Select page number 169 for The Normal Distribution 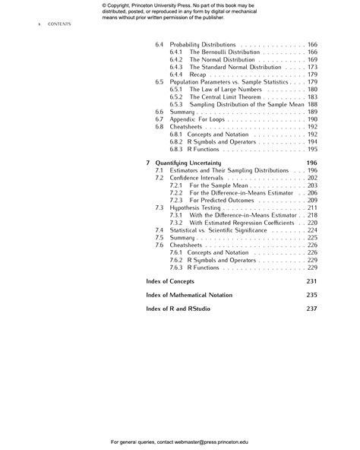click(x=311, y=59)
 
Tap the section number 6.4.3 click(x=175, y=67)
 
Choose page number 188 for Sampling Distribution click(x=311, y=104)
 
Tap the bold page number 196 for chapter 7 click(x=311, y=163)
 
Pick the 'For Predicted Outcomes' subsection click(x=221, y=200)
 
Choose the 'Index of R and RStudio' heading click(x=178, y=308)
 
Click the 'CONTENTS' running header click(x=58, y=24)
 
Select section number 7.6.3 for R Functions click(x=175, y=267)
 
